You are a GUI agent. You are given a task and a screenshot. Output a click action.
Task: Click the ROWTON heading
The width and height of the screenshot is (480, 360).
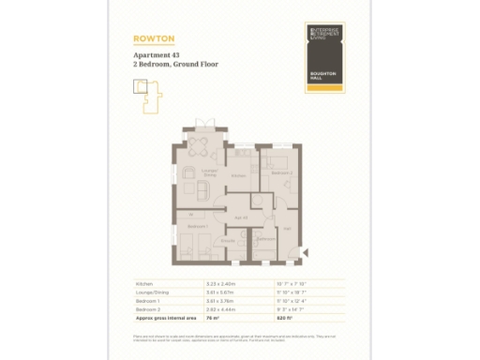[x=155, y=38]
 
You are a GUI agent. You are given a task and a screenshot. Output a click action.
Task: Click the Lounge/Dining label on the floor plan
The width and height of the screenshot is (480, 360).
[x=210, y=172]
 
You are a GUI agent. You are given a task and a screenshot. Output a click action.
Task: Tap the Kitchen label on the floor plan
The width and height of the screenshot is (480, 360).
[x=239, y=175]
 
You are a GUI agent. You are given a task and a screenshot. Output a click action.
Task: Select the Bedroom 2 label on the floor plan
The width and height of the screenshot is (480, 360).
[x=282, y=173]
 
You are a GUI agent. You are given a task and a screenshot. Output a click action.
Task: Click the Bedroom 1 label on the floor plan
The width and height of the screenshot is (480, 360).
[x=197, y=226]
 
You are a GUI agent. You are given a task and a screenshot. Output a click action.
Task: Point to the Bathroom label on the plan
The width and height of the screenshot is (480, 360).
[x=264, y=237]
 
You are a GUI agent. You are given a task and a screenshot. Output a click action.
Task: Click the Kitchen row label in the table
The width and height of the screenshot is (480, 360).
[x=143, y=282]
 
